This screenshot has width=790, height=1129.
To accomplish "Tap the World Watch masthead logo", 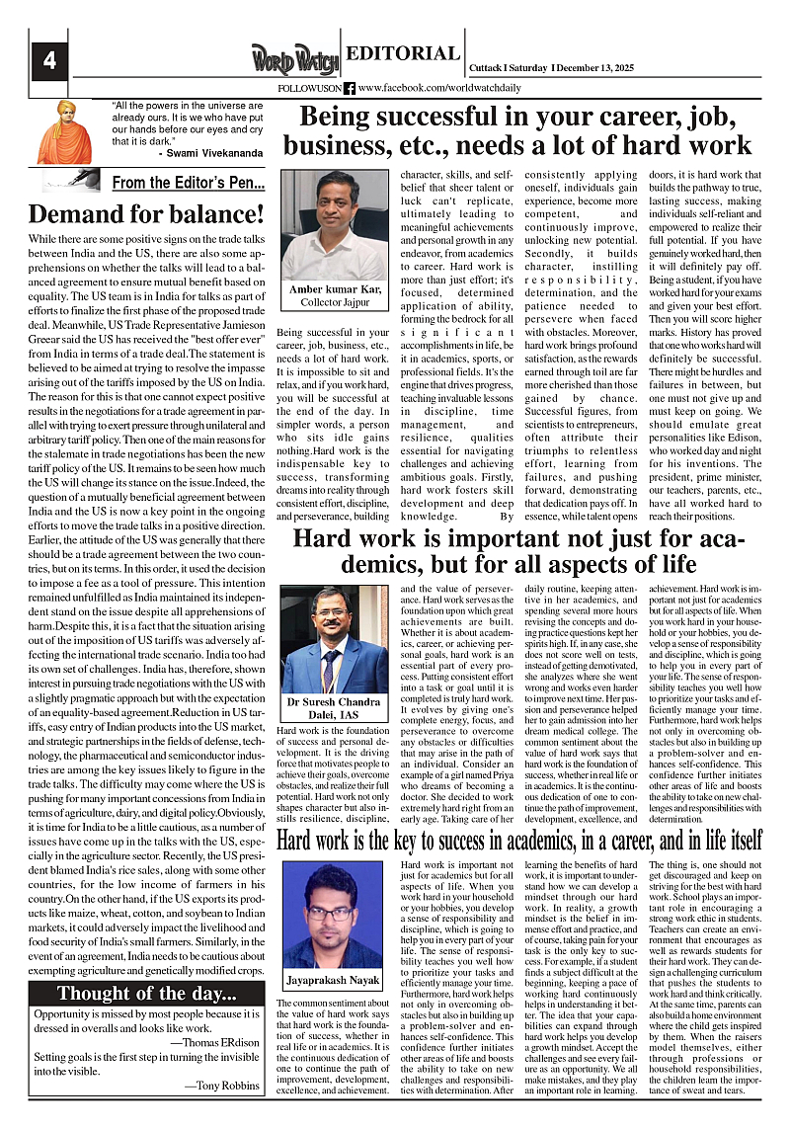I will pos(294,58).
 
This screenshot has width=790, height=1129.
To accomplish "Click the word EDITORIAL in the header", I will pos(401,55).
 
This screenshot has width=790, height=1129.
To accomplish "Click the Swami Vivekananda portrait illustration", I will pos(64,131).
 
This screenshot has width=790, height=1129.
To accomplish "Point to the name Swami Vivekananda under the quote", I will pos(209,154).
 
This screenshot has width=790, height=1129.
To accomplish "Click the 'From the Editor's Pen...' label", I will pos(188,183).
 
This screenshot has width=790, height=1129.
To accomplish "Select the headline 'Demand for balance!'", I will pos(147,213).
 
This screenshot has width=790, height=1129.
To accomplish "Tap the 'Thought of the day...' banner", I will pos(146,993).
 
